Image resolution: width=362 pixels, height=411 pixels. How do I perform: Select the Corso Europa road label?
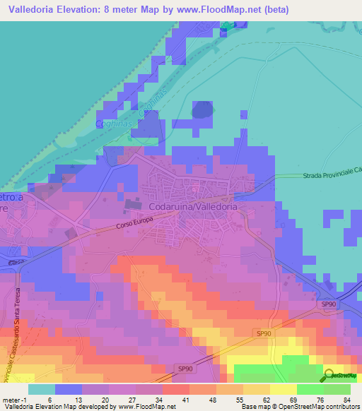pos(134,225)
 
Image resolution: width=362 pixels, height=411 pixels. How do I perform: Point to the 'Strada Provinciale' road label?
pos(329,174)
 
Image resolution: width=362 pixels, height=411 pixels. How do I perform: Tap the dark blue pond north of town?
pos(202,109)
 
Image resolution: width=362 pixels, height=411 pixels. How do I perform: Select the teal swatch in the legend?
pos(42,388)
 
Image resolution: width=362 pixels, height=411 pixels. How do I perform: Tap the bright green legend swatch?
pos(310,388)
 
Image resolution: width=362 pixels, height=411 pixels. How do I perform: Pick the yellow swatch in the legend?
pos(284,388)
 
